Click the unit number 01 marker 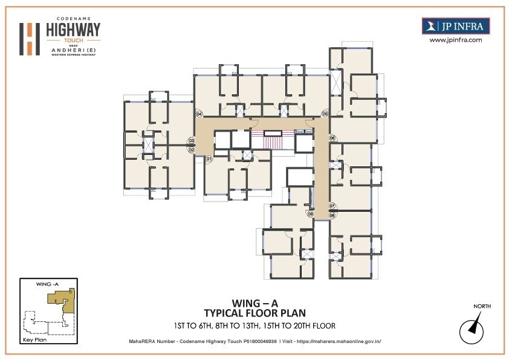209,159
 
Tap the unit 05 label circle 325,114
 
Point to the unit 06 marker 332,138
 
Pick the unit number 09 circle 311,214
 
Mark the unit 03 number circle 191,141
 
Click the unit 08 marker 332,215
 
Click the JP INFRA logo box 455,26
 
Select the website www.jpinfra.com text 455,40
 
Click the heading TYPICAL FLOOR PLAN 254,313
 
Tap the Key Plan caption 34,341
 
